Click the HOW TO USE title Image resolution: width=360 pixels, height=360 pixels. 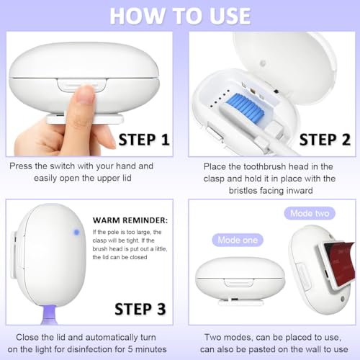coord(180,16)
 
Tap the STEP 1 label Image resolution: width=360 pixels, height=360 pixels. coord(144,140)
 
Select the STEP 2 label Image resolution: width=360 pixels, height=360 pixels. coord(325,140)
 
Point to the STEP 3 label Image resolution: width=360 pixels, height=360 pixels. coord(140,309)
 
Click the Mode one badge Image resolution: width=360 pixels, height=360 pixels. coord(238,240)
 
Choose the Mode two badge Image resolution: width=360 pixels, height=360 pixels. coord(310,213)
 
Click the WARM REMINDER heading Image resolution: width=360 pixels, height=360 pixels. coord(130,220)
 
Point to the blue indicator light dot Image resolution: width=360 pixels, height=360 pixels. coord(76,232)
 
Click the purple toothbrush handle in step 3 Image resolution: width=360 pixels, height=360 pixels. coord(49,315)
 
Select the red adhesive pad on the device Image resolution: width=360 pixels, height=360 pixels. coord(339,264)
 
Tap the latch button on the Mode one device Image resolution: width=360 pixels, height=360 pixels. coord(238,282)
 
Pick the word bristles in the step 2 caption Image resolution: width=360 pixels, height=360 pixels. coord(244,191)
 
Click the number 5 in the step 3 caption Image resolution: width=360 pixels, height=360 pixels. coord(130,349)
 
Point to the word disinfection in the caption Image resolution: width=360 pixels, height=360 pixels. coord(95,349)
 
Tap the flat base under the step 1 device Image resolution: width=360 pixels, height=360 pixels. coord(85,119)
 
